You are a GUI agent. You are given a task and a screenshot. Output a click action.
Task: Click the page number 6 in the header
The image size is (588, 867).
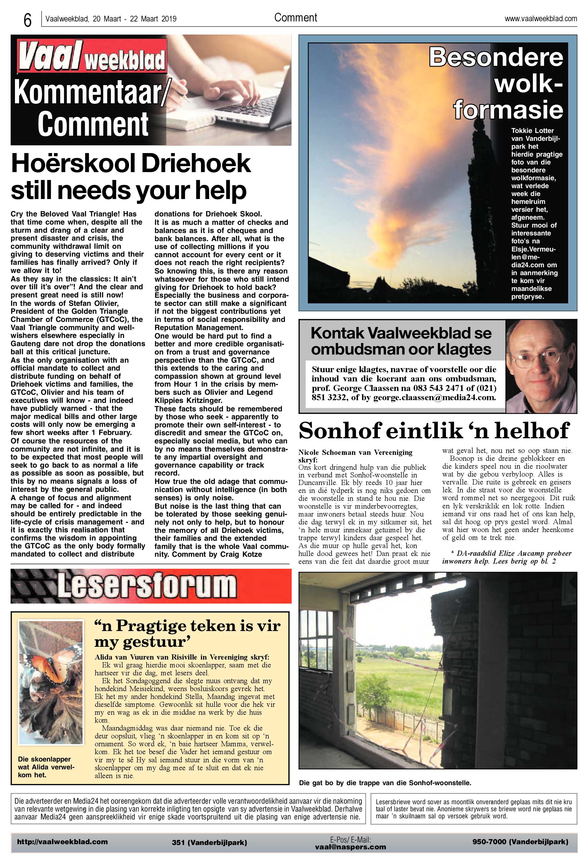(27, 20)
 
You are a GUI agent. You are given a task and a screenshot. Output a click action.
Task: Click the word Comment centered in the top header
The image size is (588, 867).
(295, 17)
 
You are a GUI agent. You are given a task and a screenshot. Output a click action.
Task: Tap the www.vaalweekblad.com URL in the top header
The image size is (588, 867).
(541, 19)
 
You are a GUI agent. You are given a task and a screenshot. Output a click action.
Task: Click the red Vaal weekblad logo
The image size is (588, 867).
(91, 57)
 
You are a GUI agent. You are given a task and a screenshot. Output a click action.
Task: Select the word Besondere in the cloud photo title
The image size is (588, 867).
(496, 57)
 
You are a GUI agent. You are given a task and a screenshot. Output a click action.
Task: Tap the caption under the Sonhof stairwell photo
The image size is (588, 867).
(385, 783)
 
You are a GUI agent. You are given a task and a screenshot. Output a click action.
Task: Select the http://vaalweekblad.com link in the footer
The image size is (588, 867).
(62, 842)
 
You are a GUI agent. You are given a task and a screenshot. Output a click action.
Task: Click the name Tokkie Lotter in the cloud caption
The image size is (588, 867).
(532, 130)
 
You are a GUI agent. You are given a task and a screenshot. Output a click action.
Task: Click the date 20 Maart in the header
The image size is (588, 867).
(107, 19)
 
